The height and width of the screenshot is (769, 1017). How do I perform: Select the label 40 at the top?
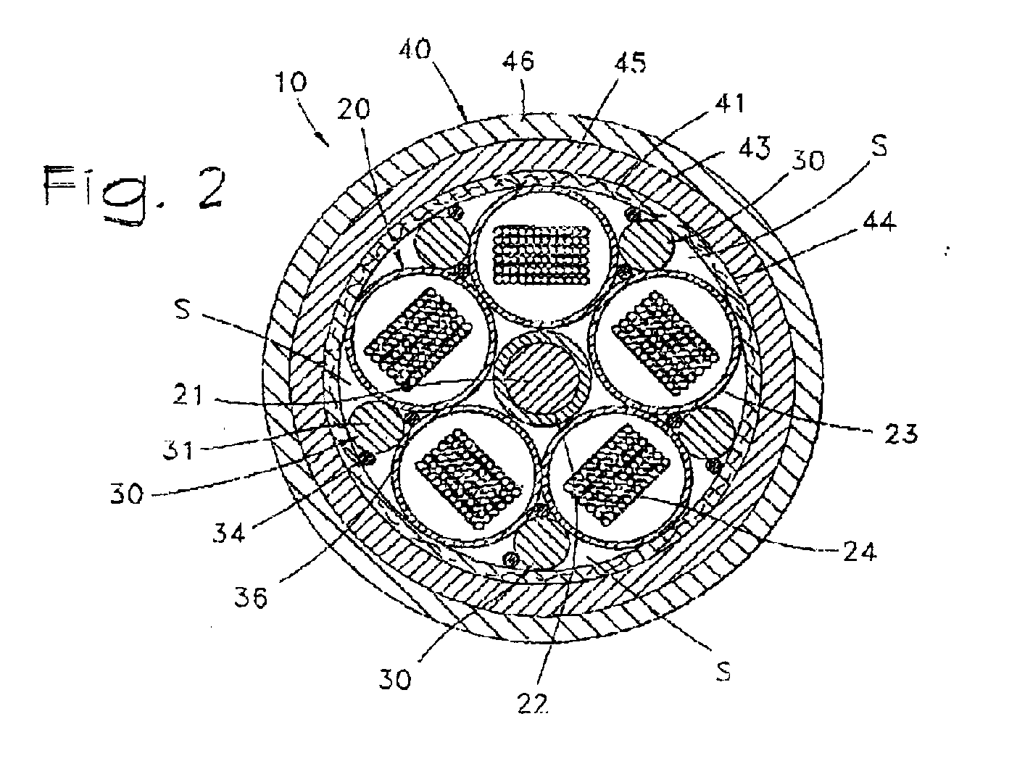(x=415, y=49)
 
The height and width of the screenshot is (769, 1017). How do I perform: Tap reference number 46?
(x=518, y=61)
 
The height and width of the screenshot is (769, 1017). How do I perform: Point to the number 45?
(x=630, y=62)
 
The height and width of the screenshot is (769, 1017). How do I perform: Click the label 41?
(x=728, y=103)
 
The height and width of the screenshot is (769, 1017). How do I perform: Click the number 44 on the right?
(x=879, y=221)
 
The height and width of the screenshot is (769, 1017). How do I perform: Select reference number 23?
(x=901, y=433)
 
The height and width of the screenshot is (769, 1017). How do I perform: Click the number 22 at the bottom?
(x=533, y=703)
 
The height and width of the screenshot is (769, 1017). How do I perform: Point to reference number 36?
(x=251, y=597)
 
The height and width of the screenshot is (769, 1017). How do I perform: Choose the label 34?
(x=228, y=533)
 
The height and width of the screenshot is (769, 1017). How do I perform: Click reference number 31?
(x=178, y=449)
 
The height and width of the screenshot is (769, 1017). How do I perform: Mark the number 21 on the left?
(x=188, y=395)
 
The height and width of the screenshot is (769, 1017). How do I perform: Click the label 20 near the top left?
(x=354, y=109)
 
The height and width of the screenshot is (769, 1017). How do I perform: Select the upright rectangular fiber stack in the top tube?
(x=541, y=254)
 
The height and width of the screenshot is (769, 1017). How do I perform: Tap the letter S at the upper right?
(x=879, y=146)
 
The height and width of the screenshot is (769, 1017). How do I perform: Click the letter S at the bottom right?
(x=723, y=670)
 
